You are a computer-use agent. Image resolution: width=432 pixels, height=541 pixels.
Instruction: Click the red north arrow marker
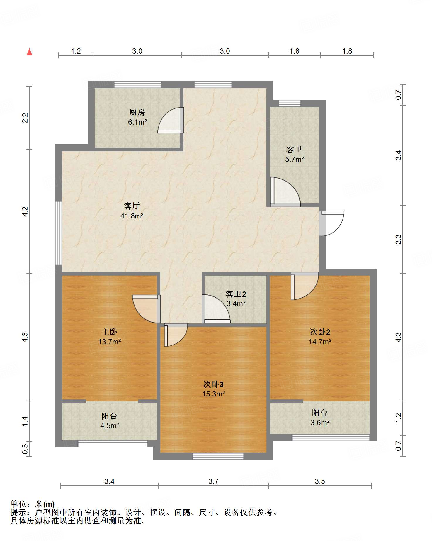29,52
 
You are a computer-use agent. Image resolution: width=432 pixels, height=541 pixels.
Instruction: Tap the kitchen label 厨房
137,112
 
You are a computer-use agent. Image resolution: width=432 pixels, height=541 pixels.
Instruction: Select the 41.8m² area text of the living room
132,216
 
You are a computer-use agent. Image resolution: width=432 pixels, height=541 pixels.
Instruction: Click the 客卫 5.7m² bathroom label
294,154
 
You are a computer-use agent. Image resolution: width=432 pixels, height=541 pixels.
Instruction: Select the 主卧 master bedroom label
109,332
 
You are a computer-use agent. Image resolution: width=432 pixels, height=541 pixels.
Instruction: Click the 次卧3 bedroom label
213,384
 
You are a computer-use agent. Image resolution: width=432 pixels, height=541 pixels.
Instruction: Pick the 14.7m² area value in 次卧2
320,342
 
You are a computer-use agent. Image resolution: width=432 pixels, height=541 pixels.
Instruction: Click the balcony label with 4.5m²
109,420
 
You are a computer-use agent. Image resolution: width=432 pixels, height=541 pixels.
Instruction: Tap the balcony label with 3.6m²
320,418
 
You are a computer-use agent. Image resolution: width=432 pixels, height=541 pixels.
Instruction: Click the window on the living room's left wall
59,233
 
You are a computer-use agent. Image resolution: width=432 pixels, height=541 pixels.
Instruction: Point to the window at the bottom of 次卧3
218,456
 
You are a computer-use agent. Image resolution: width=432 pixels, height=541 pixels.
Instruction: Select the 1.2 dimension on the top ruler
76,51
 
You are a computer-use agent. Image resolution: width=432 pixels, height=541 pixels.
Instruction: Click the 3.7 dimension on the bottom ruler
213,481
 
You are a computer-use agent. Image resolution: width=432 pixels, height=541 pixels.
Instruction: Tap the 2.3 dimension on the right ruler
398,239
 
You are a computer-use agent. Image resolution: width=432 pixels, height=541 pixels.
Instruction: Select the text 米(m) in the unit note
45,504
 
